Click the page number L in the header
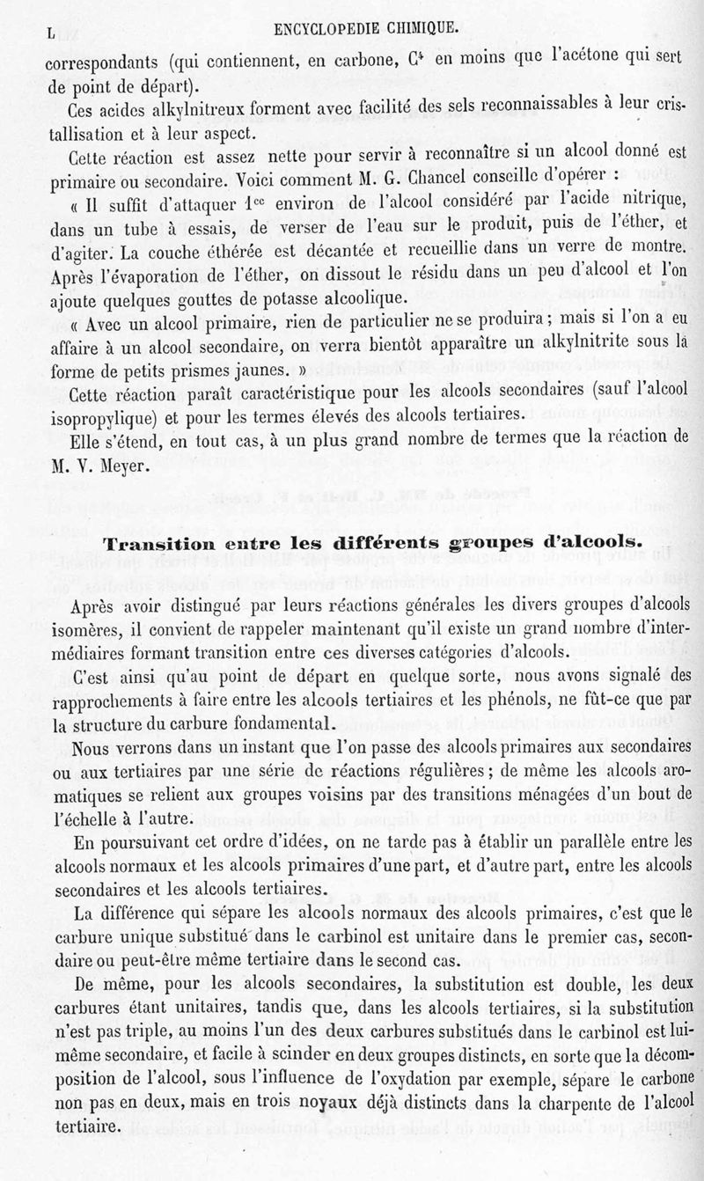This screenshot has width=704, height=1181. point(52,33)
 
